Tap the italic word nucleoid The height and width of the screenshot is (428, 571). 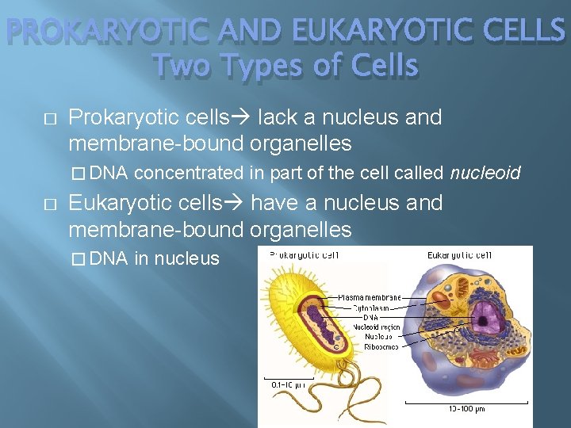pyautogui.click(x=486, y=172)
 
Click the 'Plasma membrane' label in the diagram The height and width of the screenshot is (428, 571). pyautogui.click(x=370, y=297)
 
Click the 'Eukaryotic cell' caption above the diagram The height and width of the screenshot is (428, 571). pyautogui.click(x=460, y=255)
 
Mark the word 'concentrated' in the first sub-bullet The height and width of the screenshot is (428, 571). pyautogui.click(x=194, y=172)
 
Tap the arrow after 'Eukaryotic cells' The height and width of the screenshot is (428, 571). pyautogui.click(x=236, y=204)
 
